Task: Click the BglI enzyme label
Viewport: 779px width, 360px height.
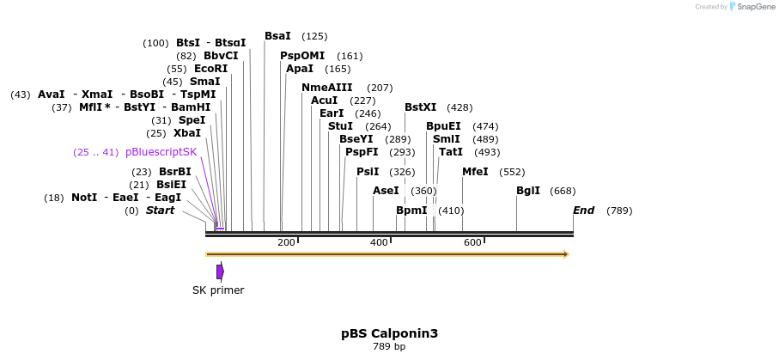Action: pos(527,191)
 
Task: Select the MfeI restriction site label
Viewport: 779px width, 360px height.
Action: pos(475,172)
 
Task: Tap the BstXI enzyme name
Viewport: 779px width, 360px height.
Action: pos(420,107)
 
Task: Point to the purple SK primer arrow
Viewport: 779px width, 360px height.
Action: pos(220,272)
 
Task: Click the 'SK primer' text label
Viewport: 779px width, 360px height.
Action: pos(218,290)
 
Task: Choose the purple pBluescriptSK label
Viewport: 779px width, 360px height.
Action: pos(161,152)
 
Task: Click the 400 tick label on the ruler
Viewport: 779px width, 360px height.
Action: pos(379,243)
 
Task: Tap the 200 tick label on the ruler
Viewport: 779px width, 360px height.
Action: pos(286,243)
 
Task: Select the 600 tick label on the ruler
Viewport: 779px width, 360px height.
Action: pos(472,243)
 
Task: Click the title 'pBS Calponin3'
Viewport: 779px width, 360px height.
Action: pos(389,333)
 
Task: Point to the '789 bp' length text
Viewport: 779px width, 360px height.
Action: pos(389,347)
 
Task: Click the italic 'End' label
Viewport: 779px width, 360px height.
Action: pos(584,211)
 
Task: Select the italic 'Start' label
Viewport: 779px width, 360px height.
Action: pos(160,211)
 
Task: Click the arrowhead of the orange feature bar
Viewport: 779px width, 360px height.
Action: pos(565,254)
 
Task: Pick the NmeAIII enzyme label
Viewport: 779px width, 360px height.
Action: pos(327,88)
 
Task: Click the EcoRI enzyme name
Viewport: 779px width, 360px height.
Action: pos(210,69)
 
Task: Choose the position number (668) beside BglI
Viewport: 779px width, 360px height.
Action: pos(563,191)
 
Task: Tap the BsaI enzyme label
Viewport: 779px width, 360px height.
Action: pos(277,36)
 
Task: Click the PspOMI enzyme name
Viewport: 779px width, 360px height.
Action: pos(302,56)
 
